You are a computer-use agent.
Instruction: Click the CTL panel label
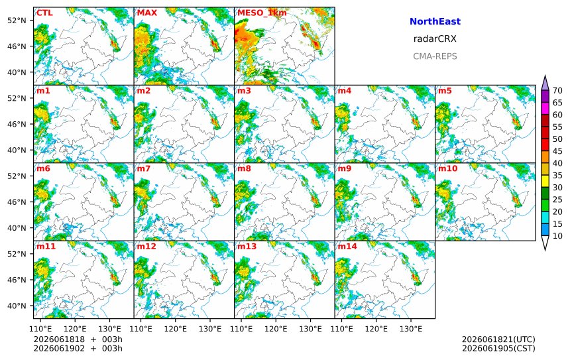pos(44,13)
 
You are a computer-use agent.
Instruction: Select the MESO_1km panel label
pos(262,13)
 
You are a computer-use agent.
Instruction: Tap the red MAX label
pos(147,13)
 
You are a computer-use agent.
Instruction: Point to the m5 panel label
pos(445,91)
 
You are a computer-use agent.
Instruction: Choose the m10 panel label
pos(447,168)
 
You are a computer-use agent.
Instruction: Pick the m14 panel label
pos(347,246)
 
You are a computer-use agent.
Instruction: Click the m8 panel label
pos(244,168)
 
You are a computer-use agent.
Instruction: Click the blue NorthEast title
pos(435,21)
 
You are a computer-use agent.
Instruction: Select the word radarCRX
pos(435,39)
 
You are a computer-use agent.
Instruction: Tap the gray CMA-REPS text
pos(435,56)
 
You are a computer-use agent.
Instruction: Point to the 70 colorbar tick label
pos(557,91)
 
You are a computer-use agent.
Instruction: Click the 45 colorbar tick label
pos(557,151)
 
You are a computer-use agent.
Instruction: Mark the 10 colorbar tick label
pos(557,236)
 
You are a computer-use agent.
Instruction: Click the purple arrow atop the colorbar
pos(545,84)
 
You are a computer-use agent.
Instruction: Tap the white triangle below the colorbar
pos(545,242)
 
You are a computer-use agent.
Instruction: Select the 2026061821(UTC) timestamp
pos(498,339)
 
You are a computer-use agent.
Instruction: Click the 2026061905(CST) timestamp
pos(498,348)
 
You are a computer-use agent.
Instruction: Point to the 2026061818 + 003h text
pos(78,339)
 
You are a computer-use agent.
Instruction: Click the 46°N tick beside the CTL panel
pos(17,46)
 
